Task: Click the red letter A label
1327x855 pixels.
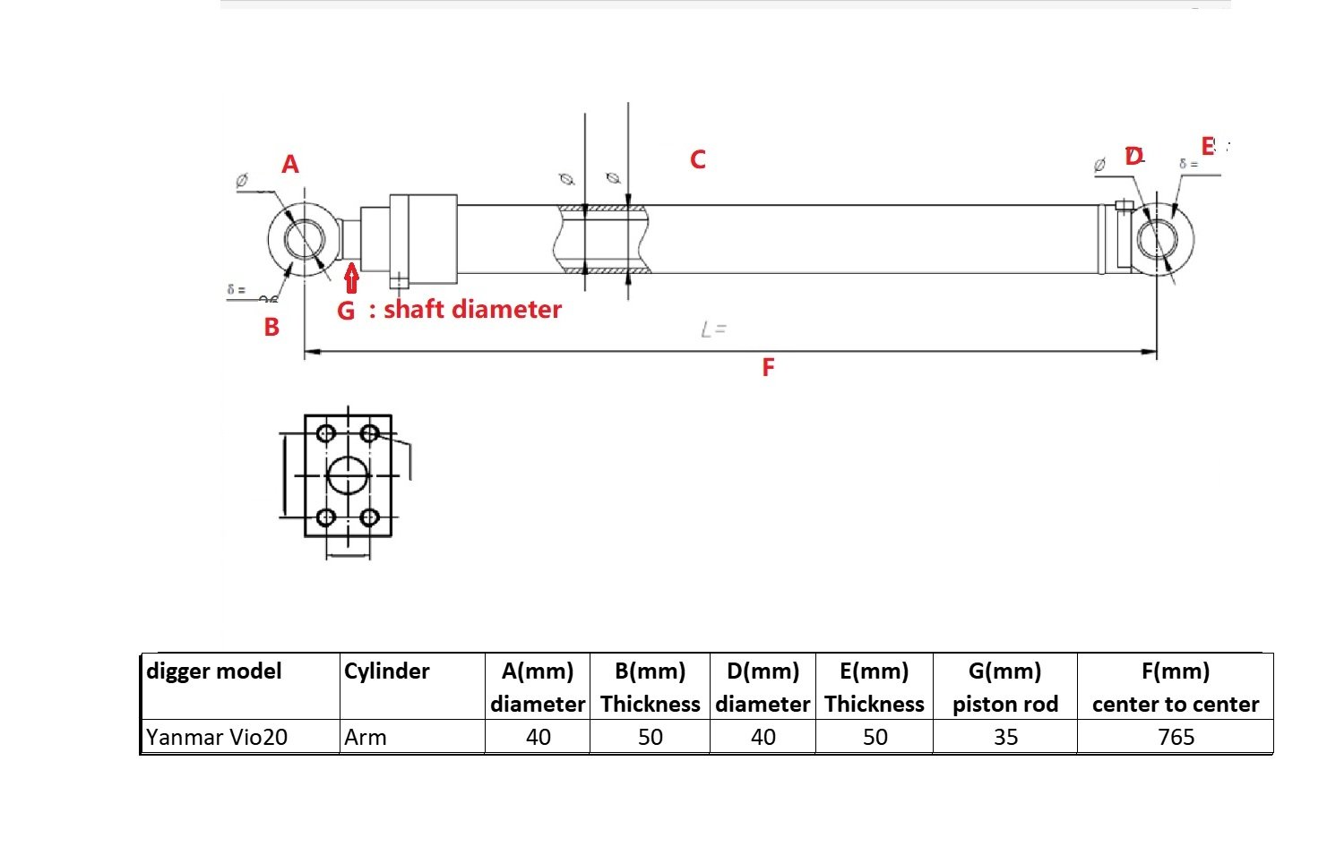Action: (289, 164)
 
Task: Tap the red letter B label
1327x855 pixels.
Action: (271, 328)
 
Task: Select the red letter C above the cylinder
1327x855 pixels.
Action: (697, 160)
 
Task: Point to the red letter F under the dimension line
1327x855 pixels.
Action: (768, 368)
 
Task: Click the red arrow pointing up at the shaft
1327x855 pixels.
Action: (351, 278)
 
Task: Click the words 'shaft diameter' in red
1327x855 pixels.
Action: (472, 310)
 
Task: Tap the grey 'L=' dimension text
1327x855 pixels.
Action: (713, 330)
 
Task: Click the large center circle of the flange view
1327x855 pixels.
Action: (348, 475)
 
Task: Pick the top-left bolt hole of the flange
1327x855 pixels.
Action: (326, 434)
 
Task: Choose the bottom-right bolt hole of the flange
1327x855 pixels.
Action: (368, 517)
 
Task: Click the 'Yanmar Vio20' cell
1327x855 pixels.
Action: (217, 737)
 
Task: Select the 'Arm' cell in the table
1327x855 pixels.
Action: (366, 737)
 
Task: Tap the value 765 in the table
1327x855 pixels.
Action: (1176, 737)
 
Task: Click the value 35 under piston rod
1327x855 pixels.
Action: (1005, 737)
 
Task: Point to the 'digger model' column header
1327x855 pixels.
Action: (214, 671)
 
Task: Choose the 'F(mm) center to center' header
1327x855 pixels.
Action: (1176, 688)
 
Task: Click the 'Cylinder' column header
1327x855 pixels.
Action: (387, 671)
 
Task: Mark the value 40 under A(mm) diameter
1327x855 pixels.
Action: (538, 737)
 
